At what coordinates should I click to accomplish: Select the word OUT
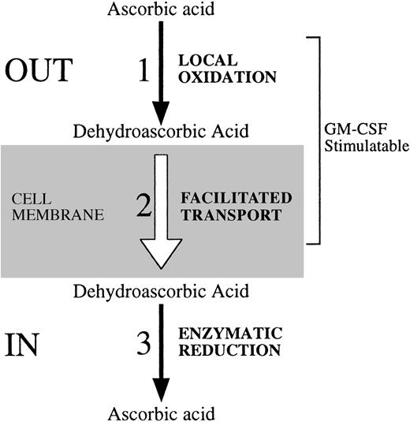click(39, 71)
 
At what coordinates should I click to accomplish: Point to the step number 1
click(143, 71)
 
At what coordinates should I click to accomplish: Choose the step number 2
click(143, 207)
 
